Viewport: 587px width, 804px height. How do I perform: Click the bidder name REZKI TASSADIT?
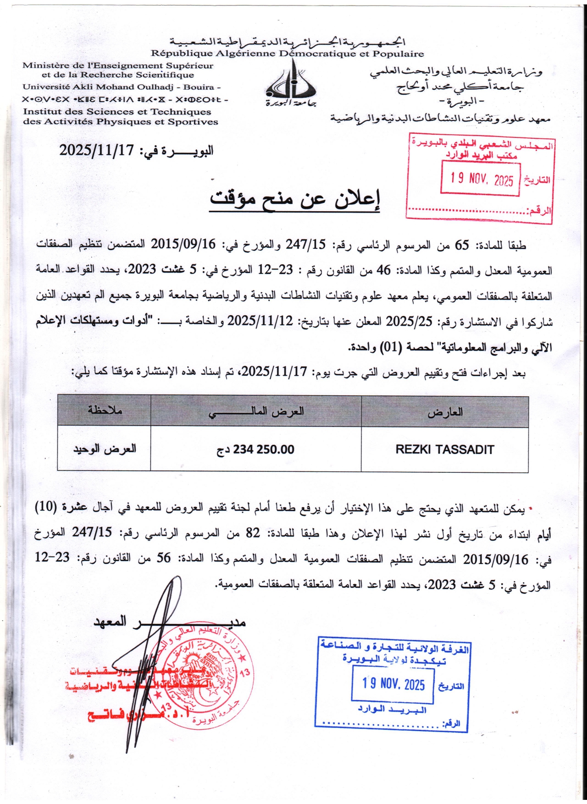click(444, 449)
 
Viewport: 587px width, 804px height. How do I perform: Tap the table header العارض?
click(445, 412)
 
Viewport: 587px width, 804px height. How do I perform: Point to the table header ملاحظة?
click(105, 410)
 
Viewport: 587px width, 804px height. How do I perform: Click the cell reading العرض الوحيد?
click(105, 448)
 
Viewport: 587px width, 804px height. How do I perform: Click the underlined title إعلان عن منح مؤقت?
click(294, 199)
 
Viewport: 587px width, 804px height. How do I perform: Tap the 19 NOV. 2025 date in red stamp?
click(482, 179)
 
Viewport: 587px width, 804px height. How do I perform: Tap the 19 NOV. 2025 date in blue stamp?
click(393, 684)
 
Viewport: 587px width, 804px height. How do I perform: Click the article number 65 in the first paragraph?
click(461, 246)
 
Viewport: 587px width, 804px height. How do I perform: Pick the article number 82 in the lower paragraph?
click(253, 533)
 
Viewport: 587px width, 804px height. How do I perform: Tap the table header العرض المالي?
click(256, 412)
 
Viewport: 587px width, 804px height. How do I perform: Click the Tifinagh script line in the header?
click(125, 99)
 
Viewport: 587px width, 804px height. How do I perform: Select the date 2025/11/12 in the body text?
click(260, 322)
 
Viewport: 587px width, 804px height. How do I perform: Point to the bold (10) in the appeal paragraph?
click(46, 507)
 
